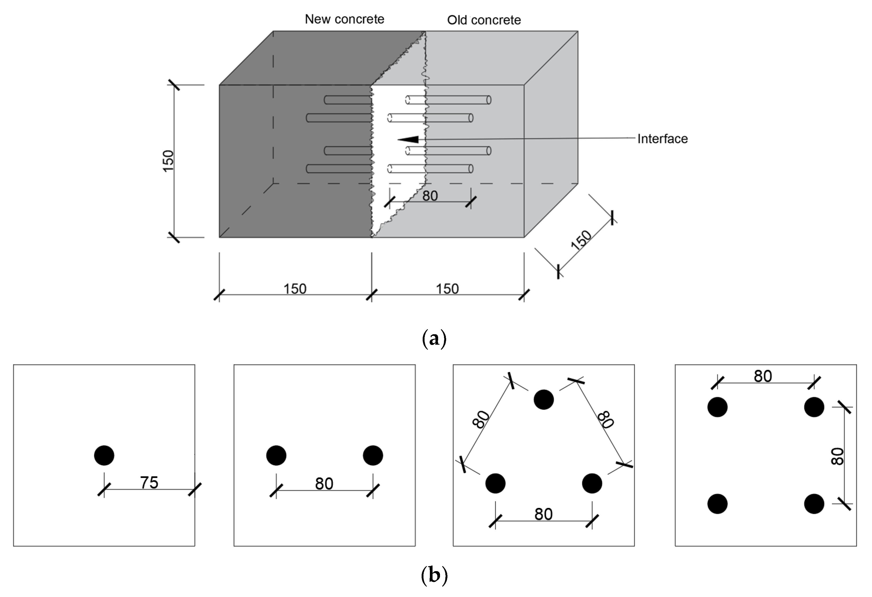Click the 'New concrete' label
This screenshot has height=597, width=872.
pos(344,19)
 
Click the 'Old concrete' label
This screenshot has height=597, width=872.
pos(484,20)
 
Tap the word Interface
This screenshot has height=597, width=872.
pos(662,139)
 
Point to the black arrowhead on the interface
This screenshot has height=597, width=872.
pos(408,140)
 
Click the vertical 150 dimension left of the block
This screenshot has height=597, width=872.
pos(168,161)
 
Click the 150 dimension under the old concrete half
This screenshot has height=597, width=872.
pos(447,289)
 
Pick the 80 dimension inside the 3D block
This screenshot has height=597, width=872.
pos(430,196)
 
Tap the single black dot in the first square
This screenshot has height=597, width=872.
pos(104,455)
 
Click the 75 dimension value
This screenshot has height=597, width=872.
pos(149,483)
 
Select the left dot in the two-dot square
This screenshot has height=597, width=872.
pos(276,455)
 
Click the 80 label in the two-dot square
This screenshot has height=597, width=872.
pos(324,484)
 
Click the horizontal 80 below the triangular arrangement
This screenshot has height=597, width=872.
pos(543,514)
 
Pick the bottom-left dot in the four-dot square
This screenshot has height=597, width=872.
pos(717,504)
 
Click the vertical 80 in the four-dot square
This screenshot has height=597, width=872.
pos(837,456)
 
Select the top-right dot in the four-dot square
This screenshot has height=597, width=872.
pos(814,407)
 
